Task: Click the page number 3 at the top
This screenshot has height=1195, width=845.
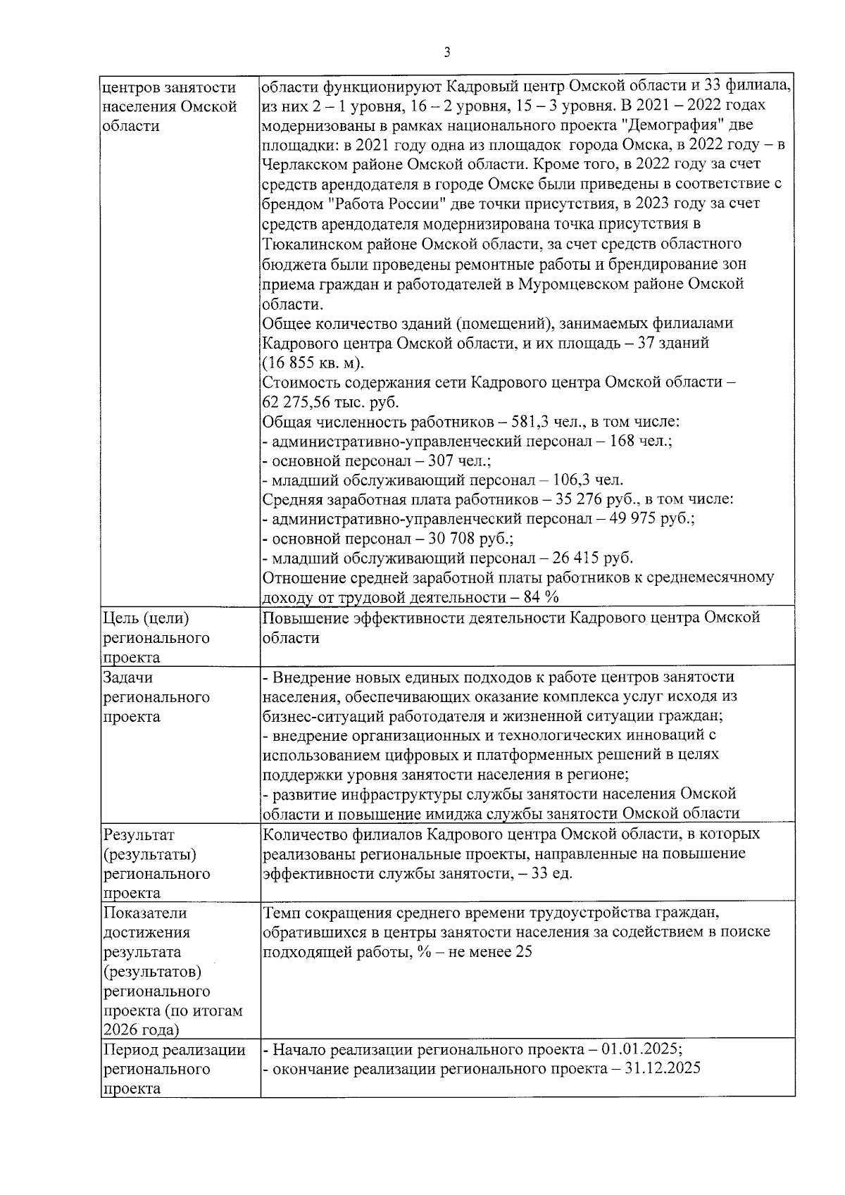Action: pyautogui.click(x=448, y=54)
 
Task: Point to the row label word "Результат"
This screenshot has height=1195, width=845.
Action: pyautogui.click(x=138, y=834)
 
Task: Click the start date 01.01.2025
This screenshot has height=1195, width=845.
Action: pyautogui.click(x=641, y=1049)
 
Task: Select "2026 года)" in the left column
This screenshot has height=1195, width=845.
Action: pyautogui.click(x=141, y=1030)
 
